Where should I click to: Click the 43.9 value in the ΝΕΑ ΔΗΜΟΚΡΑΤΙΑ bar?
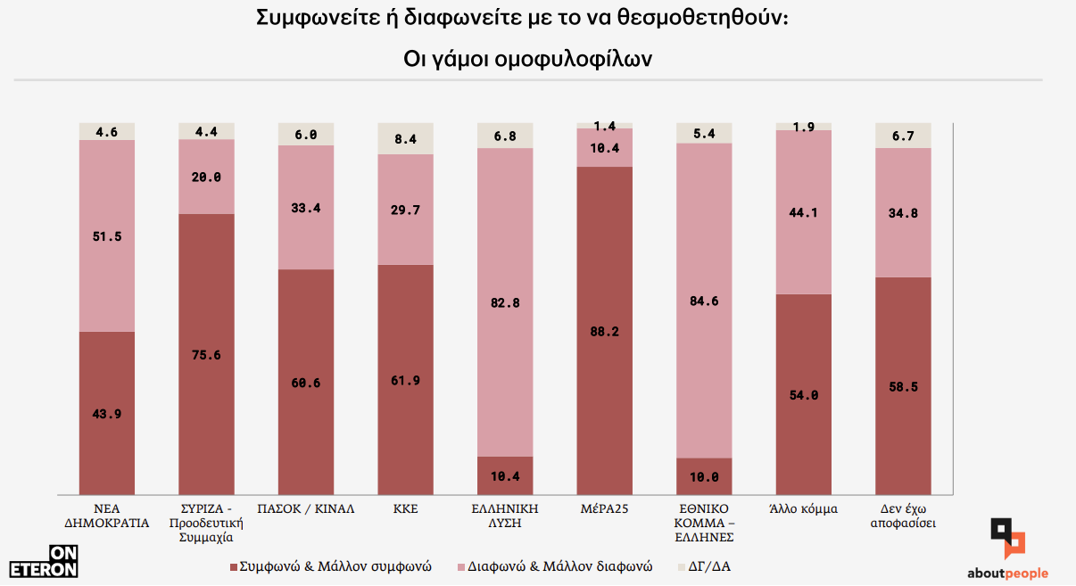click(107, 413)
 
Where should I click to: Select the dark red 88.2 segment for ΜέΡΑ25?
click(604, 331)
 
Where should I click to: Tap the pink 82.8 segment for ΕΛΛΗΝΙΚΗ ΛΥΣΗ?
click(505, 302)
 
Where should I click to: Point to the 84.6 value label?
click(704, 301)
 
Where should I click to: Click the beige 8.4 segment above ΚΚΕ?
click(406, 138)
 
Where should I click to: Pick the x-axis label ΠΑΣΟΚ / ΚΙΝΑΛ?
click(306, 509)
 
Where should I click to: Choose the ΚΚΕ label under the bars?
click(405, 509)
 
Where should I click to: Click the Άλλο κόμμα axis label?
click(803, 509)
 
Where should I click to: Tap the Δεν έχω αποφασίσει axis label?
click(903, 516)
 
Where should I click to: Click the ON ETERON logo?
click(44, 561)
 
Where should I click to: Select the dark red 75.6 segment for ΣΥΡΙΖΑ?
click(207, 354)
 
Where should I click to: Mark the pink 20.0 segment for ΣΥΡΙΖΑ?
click(207, 177)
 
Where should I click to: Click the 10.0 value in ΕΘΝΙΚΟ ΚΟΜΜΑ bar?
click(704, 477)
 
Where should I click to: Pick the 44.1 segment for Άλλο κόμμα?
click(803, 212)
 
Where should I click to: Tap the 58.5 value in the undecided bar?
click(903, 386)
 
